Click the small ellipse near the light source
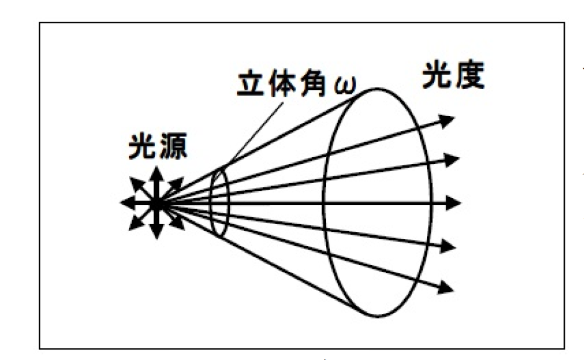point(219,202)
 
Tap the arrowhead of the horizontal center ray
point(456,202)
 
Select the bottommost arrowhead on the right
point(447,287)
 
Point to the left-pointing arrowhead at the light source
point(127,202)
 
